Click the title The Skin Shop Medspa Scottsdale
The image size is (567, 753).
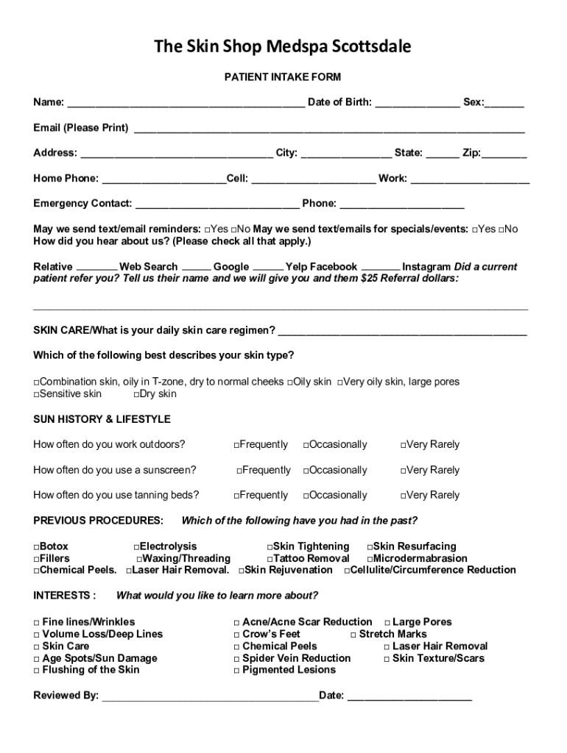(283, 48)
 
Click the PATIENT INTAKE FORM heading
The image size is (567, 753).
(283, 77)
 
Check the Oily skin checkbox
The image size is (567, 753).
(291, 382)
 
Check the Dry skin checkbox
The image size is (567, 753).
(137, 394)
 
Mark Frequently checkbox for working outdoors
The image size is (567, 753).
(237, 445)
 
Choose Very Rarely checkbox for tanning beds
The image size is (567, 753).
(404, 496)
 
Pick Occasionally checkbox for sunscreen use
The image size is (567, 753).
(306, 471)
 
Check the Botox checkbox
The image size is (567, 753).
(37, 547)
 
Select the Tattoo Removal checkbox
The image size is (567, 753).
(270, 559)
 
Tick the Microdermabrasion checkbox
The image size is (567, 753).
(370, 559)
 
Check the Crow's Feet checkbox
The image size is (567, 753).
(236, 635)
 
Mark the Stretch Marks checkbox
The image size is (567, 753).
(353, 635)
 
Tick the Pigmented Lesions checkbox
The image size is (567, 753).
(236, 671)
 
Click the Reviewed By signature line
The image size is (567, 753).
(210, 697)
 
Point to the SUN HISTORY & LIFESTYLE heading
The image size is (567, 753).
(102, 419)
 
